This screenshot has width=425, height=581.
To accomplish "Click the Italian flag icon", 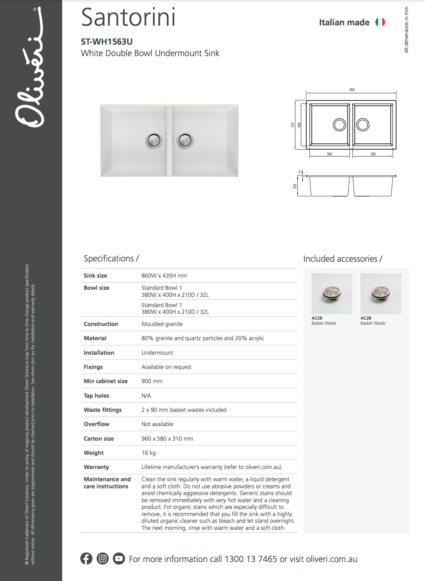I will pyautogui.click(x=380, y=22).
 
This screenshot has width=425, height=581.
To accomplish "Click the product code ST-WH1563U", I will pyautogui.click(x=107, y=42).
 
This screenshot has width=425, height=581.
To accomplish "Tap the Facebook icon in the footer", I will pyautogui.click(x=86, y=558).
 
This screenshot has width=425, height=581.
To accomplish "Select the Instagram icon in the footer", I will pyautogui.click(x=103, y=558).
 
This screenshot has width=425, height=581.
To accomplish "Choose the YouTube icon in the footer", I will pyautogui.click(x=119, y=558).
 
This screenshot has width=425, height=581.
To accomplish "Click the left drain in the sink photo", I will pyautogui.click(x=154, y=140).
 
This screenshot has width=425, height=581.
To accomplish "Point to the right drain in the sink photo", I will pyautogui.click(x=185, y=140).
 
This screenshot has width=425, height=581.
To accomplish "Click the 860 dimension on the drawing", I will pyautogui.click(x=352, y=90).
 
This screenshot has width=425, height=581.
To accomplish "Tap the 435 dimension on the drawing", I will pyautogui.click(x=293, y=125).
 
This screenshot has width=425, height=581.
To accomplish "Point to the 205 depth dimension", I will pyautogui.click(x=295, y=186).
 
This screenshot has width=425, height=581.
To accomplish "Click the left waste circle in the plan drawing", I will pyautogui.click(x=339, y=125).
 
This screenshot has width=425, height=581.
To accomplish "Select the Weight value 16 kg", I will pyautogui.click(x=149, y=453).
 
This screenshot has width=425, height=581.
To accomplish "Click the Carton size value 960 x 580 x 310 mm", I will pyautogui.click(x=167, y=439).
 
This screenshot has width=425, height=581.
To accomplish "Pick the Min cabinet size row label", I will pyautogui.click(x=106, y=381).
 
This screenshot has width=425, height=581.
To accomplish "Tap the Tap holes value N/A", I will pyautogui.click(x=146, y=396).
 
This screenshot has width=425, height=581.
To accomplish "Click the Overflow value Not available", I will pyautogui.click(x=157, y=424).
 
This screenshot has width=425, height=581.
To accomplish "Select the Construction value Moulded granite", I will pyautogui.click(x=162, y=324).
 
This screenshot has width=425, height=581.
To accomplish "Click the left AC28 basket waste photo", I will pyautogui.click(x=332, y=294).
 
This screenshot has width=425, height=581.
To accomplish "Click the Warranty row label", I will pyautogui.click(x=96, y=467).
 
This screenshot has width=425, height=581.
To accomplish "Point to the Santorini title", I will pyautogui.click(x=128, y=18).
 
